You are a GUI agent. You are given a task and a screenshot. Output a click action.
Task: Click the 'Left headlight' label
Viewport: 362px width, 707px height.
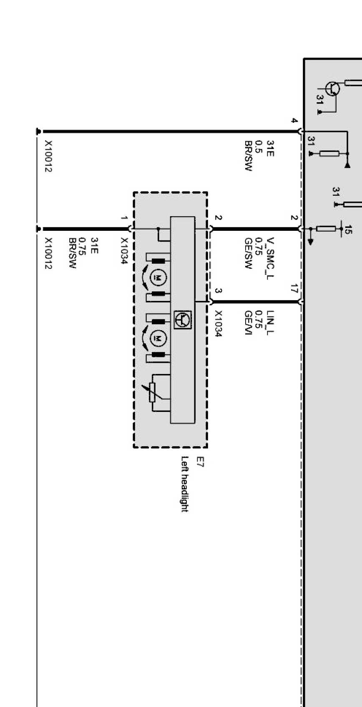pos(184,484)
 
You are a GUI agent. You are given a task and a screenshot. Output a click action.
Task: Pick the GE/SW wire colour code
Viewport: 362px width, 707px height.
pos(249,253)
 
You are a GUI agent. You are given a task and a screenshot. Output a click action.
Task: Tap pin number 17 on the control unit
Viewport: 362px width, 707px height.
pos(294,288)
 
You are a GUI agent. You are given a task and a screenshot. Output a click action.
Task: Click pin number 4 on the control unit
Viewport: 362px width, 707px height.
pos(294,121)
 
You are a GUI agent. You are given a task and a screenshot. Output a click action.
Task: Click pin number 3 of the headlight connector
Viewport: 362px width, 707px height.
pos(219,291)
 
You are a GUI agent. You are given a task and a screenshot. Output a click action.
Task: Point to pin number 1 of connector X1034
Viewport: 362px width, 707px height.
pos(124,218)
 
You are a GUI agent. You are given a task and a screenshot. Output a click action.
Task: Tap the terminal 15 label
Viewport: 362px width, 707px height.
pos(349,229)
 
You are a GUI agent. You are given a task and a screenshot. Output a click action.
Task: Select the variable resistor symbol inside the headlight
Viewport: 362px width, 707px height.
pos(152,392)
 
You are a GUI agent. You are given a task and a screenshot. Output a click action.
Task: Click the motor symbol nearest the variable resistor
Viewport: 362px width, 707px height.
pos(158,337)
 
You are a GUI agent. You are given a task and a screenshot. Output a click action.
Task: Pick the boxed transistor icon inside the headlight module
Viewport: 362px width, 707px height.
pos(183,320)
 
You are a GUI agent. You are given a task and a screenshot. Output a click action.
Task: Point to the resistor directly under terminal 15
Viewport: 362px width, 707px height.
pos(326,229)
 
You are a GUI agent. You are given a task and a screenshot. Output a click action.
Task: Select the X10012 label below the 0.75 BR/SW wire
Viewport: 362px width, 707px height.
pos(49,253)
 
